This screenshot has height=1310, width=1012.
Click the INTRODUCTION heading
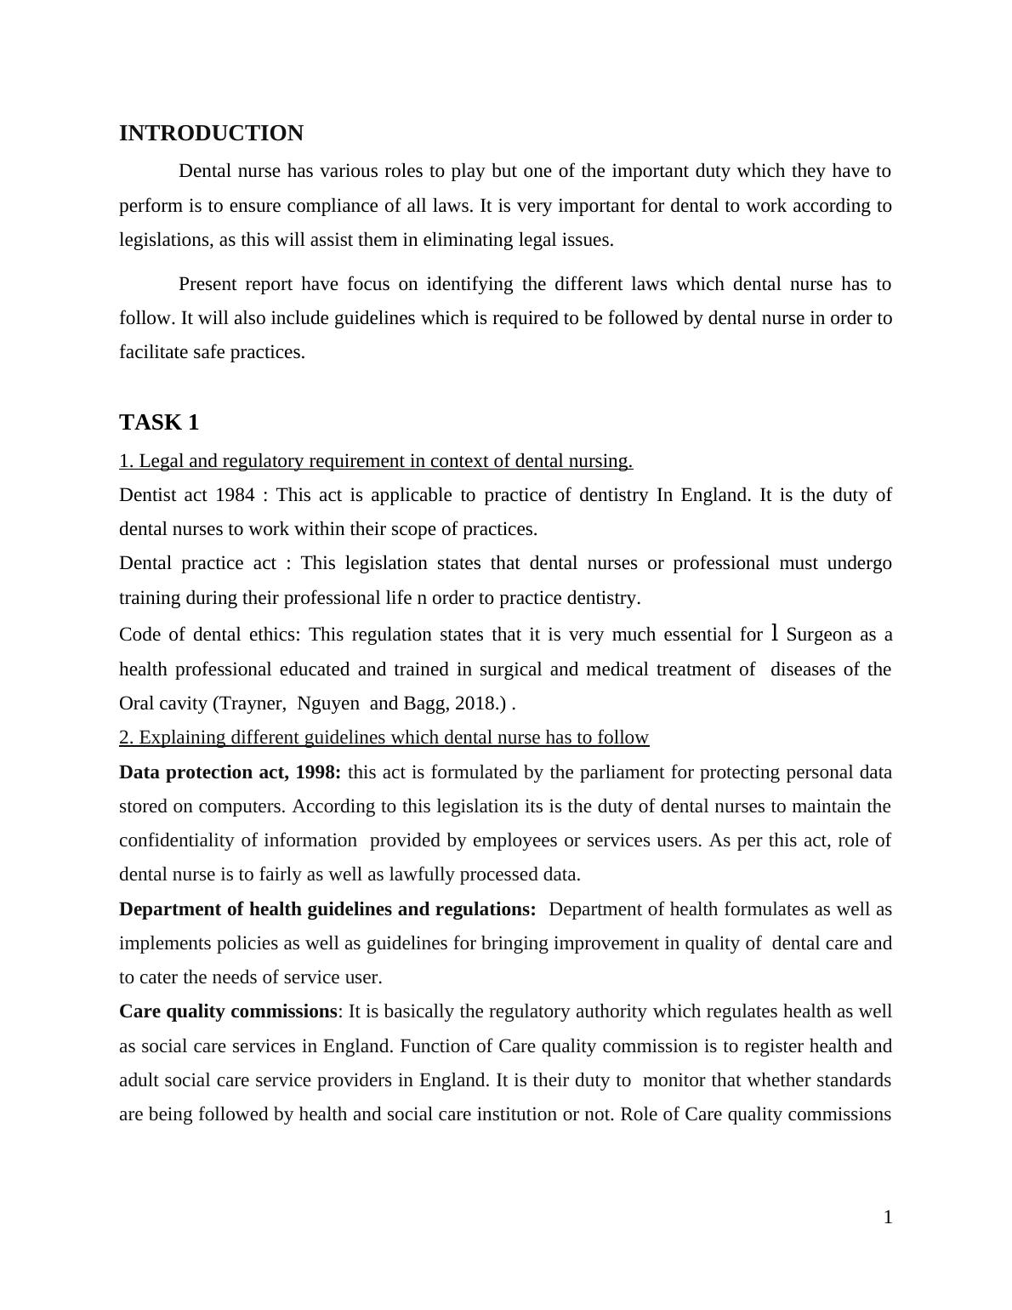tap(211, 134)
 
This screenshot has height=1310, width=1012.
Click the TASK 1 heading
tap(159, 423)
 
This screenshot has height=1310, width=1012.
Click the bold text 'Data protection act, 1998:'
tap(230, 772)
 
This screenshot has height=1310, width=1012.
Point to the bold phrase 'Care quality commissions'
tap(228, 1011)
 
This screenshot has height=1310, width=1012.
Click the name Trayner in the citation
tap(253, 703)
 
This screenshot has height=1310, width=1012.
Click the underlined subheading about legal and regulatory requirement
tap(376, 461)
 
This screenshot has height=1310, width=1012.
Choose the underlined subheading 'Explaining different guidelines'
tap(384, 738)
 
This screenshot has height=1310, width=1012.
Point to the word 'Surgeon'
tap(819, 635)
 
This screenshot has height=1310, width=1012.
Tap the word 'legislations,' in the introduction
tap(167, 240)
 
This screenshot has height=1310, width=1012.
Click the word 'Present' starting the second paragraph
tap(208, 284)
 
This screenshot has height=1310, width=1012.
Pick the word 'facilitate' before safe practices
tap(153, 352)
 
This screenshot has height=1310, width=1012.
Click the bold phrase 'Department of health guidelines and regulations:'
tap(327, 909)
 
